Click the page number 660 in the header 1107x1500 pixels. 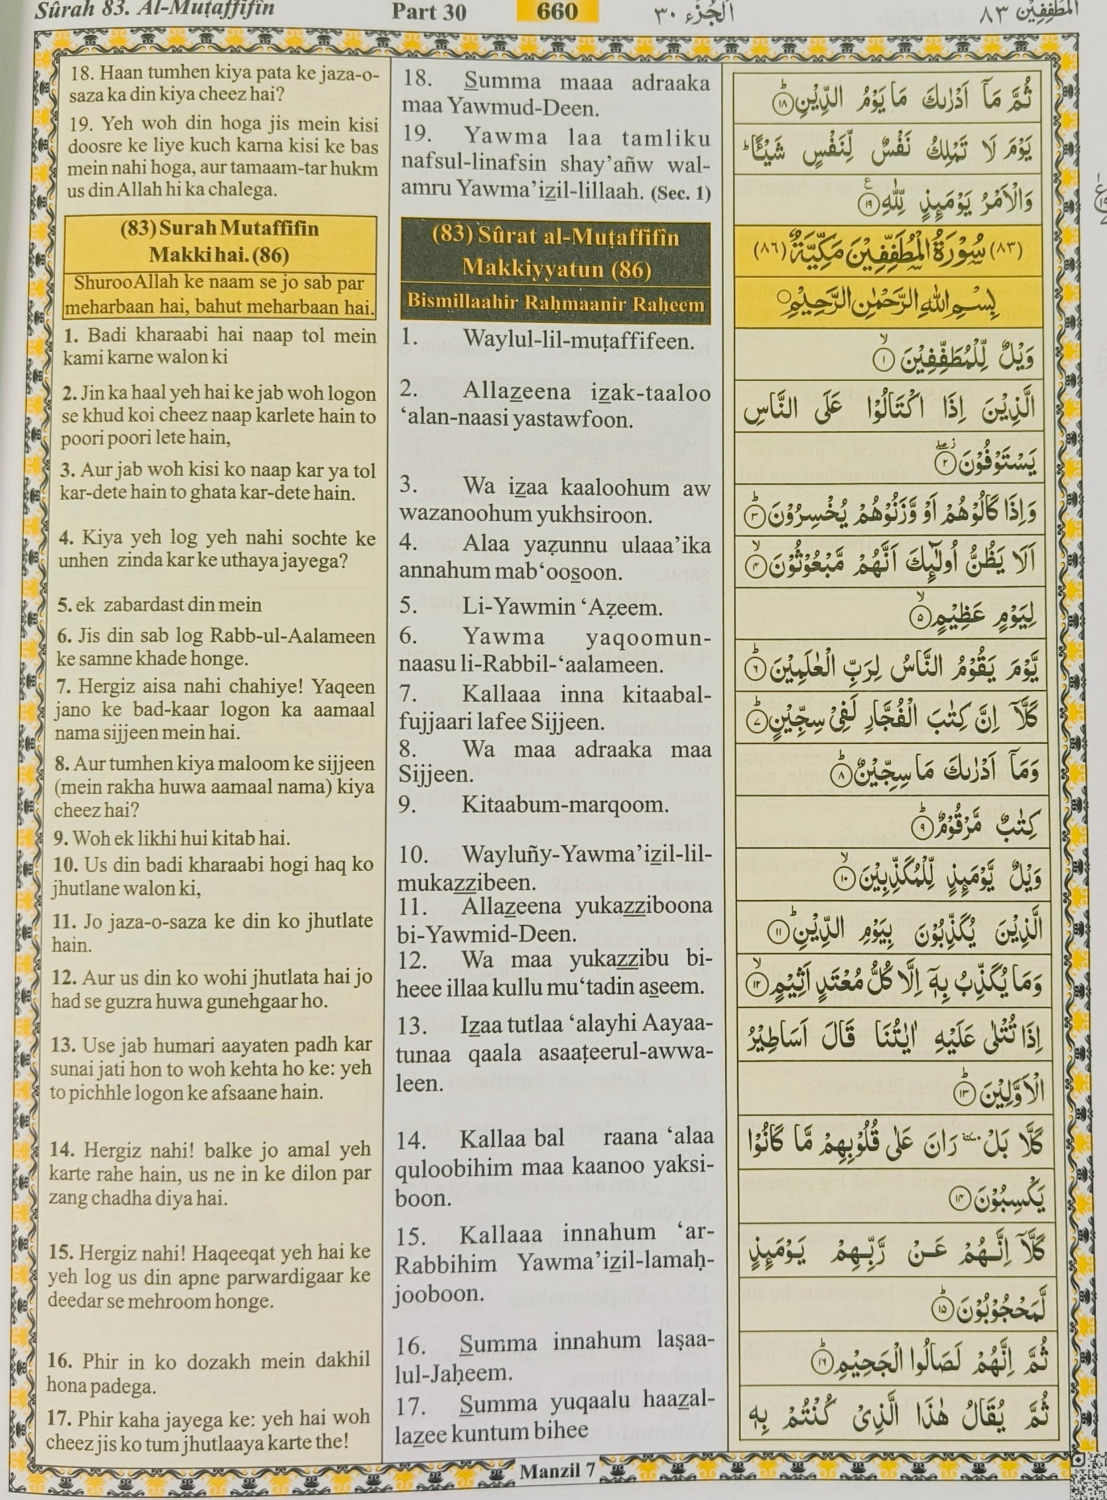pyautogui.click(x=556, y=11)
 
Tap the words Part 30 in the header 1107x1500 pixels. pyautogui.click(x=429, y=12)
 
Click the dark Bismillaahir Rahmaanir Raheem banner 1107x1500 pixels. pyautogui.click(x=556, y=304)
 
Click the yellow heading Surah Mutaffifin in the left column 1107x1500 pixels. pyautogui.click(x=219, y=229)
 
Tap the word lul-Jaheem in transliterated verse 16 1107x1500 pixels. pyautogui.click(x=453, y=1373)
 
